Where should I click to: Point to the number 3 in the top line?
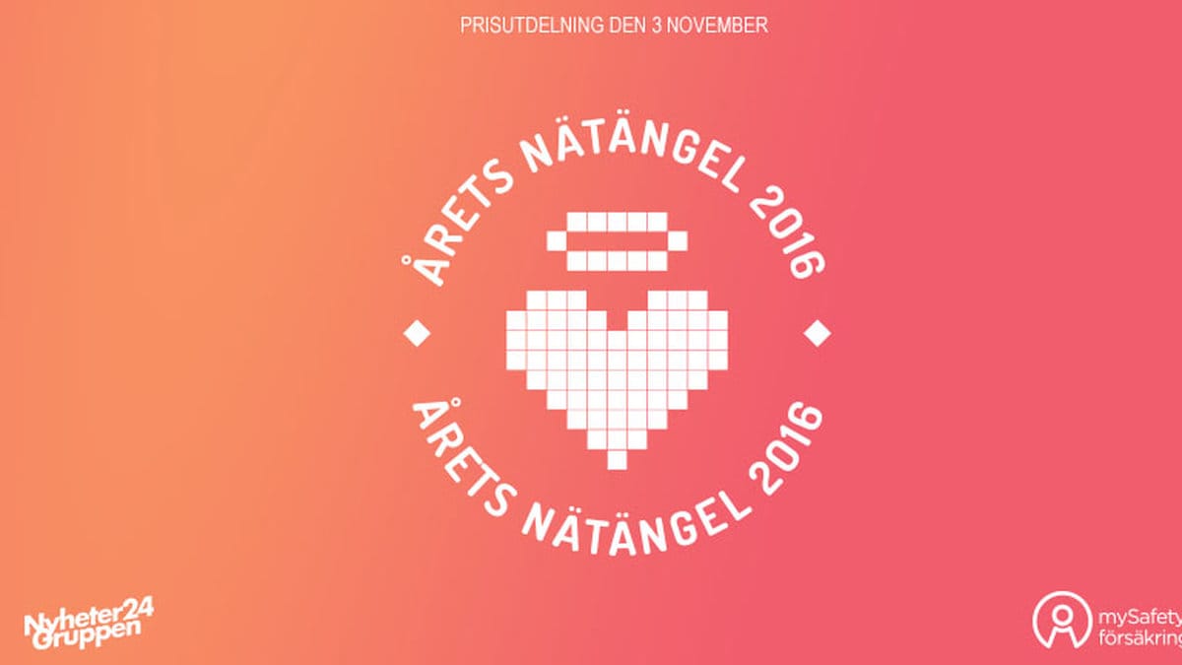click(656, 26)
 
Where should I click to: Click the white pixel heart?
click(617, 369)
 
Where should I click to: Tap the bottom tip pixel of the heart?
click(617, 460)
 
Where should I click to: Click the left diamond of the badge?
click(417, 333)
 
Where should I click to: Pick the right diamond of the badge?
click(818, 333)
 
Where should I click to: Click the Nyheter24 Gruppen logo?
click(89, 623)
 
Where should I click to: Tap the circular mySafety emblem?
click(1062, 620)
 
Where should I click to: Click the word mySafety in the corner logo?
click(1140, 618)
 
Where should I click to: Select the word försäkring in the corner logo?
click(1141, 636)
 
